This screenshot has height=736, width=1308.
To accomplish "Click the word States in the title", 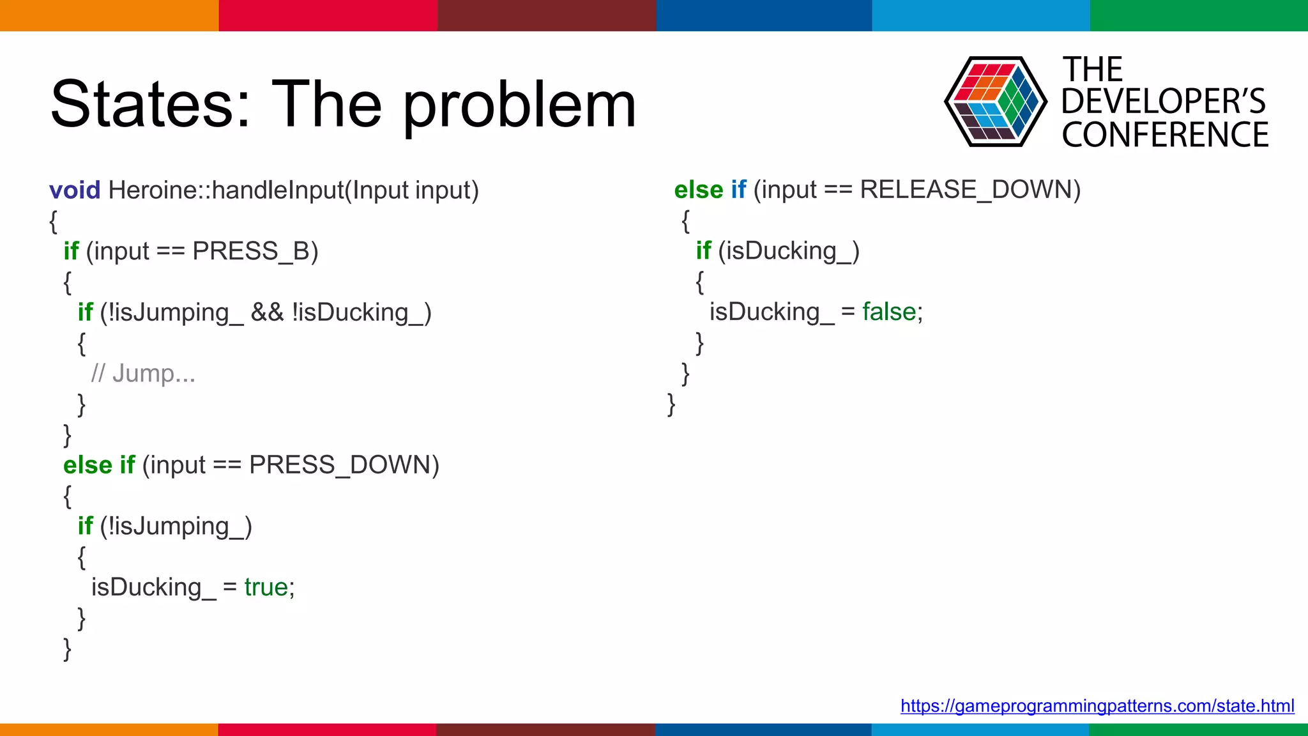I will [151, 104].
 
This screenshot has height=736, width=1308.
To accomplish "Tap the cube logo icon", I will [995, 102].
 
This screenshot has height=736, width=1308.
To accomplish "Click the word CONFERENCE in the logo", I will [1165, 135].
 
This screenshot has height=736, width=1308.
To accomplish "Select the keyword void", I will [75, 190].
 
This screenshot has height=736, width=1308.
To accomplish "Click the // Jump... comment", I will [143, 373].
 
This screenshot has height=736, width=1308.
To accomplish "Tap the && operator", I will [267, 312].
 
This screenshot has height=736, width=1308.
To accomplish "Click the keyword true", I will [266, 587].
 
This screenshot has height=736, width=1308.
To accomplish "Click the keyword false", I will [888, 312].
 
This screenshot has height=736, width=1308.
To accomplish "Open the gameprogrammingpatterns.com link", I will [1097, 705].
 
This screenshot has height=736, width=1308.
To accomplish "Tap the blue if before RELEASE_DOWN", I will [738, 190].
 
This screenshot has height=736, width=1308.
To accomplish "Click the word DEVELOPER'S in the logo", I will [1163, 102].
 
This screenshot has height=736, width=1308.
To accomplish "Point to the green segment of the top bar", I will [1198, 15].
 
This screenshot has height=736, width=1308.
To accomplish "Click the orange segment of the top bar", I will [109, 15].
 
